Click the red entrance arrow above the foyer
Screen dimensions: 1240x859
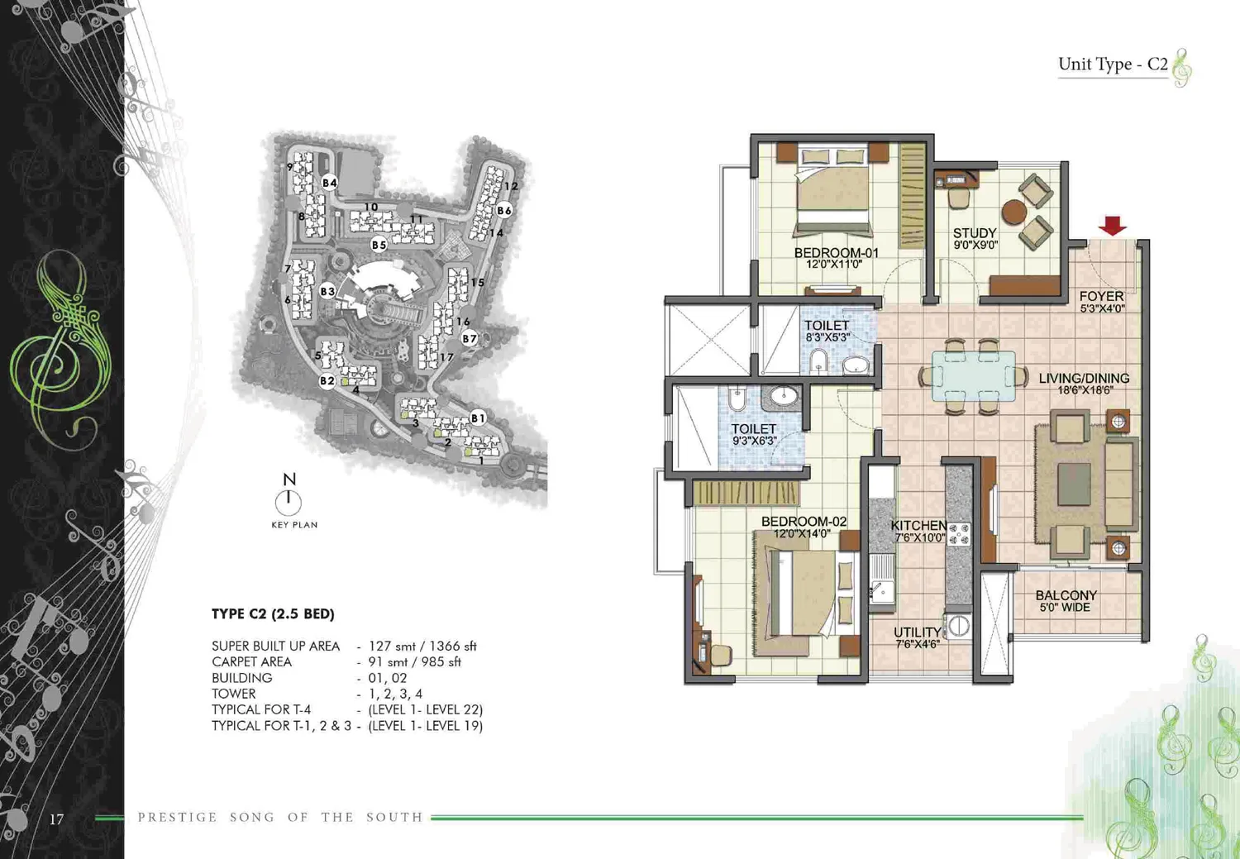point(1113,225)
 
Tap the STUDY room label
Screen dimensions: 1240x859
point(975,233)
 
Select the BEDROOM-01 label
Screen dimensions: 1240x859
point(836,253)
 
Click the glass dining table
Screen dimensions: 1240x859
point(974,376)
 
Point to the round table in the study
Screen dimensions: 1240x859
point(1014,212)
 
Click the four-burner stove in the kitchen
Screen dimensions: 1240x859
point(959,534)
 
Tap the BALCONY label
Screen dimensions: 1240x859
point(1066,595)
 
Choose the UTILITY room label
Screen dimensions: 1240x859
point(917,632)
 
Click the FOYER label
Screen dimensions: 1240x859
point(1102,296)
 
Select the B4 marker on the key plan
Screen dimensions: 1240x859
point(329,183)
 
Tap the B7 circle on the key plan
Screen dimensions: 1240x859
point(470,338)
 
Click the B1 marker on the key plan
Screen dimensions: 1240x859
point(478,418)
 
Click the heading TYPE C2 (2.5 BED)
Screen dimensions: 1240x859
point(273,613)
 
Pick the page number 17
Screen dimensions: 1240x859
point(56,819)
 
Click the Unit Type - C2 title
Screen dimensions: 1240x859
point(1113,64)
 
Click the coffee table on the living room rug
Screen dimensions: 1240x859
point(1074,484)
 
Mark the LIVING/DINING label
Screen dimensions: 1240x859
point(1084,379)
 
